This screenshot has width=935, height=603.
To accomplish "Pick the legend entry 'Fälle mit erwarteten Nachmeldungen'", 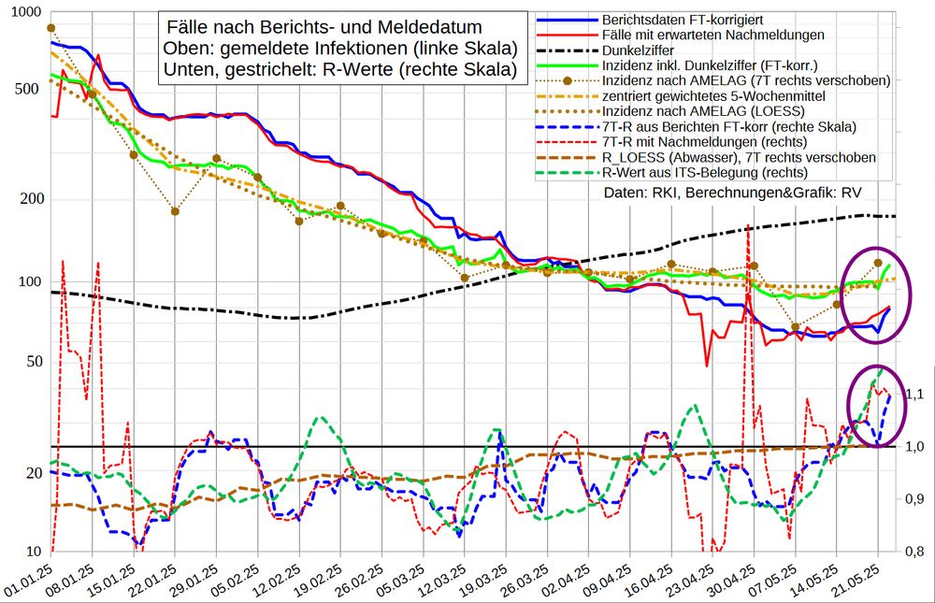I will pos(712,35).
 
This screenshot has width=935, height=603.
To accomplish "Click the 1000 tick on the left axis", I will pos(21,12).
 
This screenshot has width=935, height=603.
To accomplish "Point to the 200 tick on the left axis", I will pos(28,199).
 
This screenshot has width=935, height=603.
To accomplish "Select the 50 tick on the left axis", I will pos(32,361).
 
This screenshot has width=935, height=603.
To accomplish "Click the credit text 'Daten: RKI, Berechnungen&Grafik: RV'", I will pos(733,192).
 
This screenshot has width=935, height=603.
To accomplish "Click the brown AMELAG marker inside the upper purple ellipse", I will pos(878,263).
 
